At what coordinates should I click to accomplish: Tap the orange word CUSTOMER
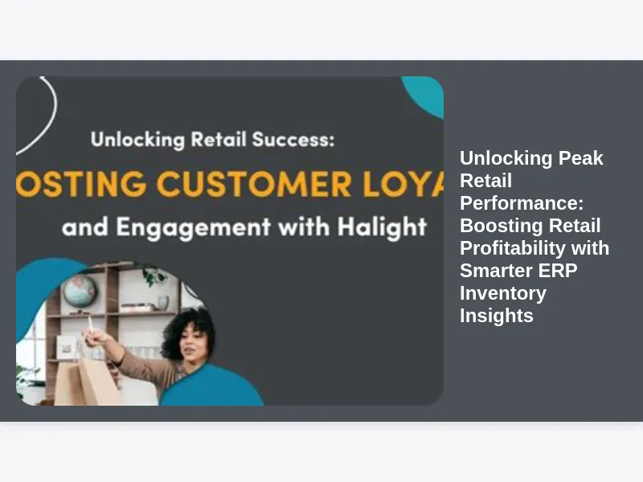pos(254,184)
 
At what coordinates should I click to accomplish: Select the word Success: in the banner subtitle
pos(293,139)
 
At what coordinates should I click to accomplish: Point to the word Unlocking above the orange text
pos(137,140)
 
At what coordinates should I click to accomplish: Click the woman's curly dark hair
pos(188,330)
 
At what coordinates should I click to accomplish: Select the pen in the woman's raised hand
pos(90,325)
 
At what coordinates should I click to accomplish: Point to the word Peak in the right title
pos(580,158)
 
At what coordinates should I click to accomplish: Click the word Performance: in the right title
pos(522,203)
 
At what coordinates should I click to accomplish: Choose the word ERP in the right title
pos(558,271)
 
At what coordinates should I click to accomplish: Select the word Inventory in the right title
pos(503,293)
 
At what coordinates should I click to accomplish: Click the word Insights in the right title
pos(497,316)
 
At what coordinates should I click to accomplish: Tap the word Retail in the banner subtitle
pos(219,139)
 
